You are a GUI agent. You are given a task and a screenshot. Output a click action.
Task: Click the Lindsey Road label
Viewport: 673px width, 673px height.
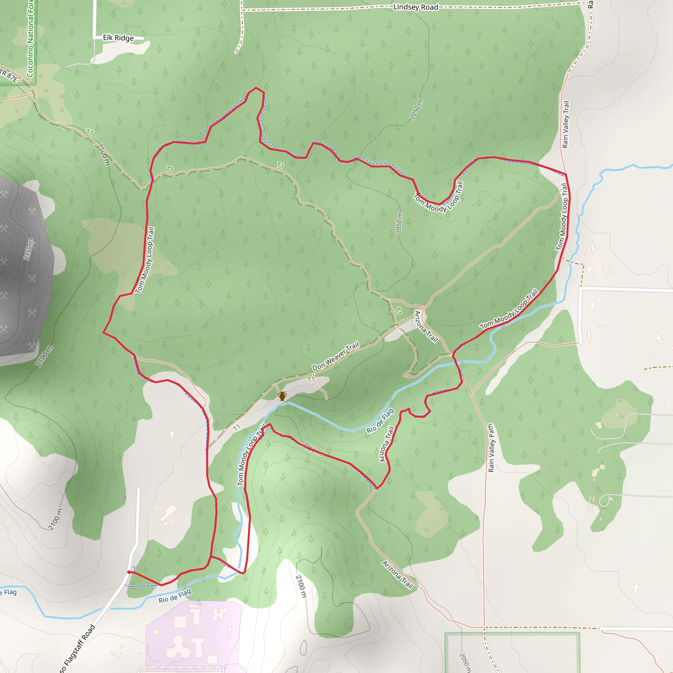point(415,7)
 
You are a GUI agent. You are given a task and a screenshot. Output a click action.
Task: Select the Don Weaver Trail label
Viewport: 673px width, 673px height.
point(335,356)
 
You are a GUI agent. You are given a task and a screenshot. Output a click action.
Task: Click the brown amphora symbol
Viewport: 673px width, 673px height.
point(282,396)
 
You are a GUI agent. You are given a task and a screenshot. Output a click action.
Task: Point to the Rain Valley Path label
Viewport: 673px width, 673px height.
point(491,448)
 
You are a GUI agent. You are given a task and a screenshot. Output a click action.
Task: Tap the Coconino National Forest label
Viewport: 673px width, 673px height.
point(30,38)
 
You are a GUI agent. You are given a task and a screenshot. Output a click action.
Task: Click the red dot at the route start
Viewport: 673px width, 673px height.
point(129,572)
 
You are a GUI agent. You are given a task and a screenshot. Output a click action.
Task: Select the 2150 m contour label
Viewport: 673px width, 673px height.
point(29,249)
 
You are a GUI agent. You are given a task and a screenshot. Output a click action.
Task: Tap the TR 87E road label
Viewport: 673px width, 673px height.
point(9,76)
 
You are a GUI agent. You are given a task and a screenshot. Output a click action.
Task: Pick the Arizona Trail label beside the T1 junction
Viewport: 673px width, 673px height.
point(426,326)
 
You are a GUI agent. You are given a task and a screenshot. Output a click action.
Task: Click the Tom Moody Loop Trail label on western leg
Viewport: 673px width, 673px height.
point(145,260)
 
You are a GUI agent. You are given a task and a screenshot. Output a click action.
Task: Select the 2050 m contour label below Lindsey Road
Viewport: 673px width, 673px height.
point(416,109)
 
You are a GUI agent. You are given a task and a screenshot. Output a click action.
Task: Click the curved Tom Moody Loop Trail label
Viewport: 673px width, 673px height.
point(438,199)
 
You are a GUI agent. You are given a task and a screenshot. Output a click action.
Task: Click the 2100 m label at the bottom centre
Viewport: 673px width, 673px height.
point(301,586)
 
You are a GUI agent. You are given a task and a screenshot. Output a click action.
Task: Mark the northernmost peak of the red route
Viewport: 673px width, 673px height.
point(256,88)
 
